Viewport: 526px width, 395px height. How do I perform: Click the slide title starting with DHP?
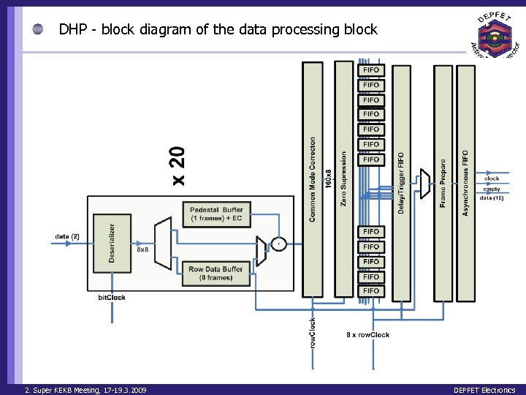[218, 30]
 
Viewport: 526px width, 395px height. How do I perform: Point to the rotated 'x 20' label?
[179, 164]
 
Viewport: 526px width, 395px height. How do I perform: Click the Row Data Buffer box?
[216, 273]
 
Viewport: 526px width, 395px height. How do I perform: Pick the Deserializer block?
[110, 242]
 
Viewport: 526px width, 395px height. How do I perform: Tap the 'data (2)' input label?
[67, 236]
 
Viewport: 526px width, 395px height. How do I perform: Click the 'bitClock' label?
[112, 298]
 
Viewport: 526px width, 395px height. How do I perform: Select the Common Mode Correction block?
[313, 180]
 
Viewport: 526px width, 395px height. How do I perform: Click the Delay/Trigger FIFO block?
[401, 182]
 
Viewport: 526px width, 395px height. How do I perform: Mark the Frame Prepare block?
[443, 182]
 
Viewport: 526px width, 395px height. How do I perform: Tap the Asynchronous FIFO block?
[465, 182]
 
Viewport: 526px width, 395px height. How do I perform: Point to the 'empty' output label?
[491, 189]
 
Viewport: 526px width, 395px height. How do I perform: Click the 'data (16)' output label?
[492, 198]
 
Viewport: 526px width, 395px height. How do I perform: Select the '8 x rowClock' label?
[367, 335]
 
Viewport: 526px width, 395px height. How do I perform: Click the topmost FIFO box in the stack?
[371, 70]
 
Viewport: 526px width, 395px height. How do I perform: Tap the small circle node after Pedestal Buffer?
[278, 243]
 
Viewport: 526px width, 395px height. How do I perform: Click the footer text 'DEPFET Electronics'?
[484, 390]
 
